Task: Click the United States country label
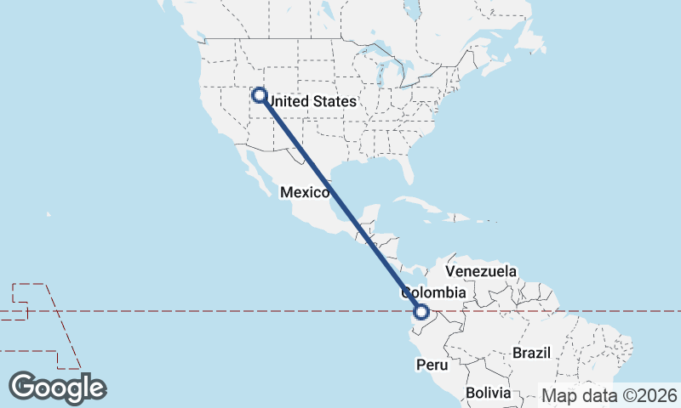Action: coord(312,101)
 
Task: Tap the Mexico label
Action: coord(305,192)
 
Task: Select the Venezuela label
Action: coord(481,271)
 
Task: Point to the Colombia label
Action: coord(434,293)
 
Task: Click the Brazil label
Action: coord(532,353)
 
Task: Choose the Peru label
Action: coord(431,365)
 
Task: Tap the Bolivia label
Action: coord(488,394)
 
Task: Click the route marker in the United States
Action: coord(259,96)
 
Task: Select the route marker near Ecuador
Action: coord(421,312)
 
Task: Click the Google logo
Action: coord(58,388)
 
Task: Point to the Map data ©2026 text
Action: coord(609,395)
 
